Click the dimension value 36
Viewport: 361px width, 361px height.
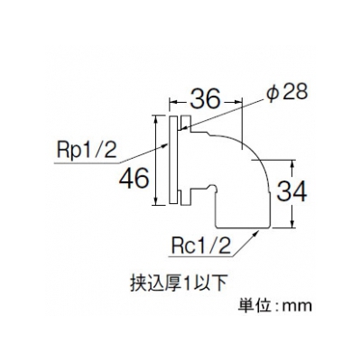pos(205,98)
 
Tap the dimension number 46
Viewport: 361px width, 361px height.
pos(134,179)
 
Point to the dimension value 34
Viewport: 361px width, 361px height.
pos(292,191)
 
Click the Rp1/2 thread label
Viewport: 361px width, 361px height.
pos(87,151)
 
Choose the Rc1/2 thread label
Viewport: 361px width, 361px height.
pos(201,245)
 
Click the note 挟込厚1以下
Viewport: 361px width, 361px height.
pos(178,282)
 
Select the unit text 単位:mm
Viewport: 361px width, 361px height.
pos(275,305)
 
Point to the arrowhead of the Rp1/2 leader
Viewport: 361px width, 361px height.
pos(165,145)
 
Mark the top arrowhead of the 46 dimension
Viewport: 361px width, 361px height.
pos(155,118)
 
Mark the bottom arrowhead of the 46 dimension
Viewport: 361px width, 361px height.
pos(155,201)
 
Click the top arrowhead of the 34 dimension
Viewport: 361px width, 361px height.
pos(292,164)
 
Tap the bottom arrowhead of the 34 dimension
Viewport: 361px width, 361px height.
pos(292,224)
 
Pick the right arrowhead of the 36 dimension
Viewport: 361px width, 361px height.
pos(238,103)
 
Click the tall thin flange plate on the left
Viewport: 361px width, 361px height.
pos(172,160)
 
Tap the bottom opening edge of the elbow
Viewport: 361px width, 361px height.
pos(243,227)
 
